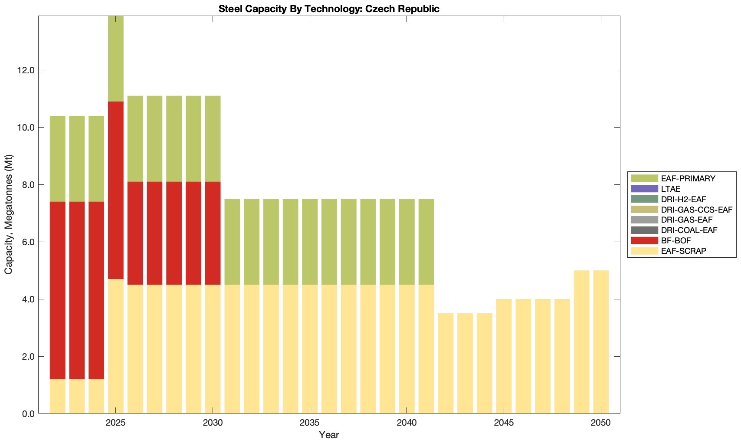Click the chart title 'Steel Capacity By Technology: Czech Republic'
[x=329, y=9]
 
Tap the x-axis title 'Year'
[x=329, y=435]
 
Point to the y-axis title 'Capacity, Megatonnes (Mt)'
[x=9, y=214]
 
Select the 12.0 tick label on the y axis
[x=26, y=70]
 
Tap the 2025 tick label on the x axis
[x=115, y=423]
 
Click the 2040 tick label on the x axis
[x=407, y=423]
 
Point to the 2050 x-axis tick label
[x=601, y=423]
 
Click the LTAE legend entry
[x=671, y=189]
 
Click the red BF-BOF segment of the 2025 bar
[x=115, y=190]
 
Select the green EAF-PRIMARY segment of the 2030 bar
[x=213, y=139]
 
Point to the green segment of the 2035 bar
[x=310, y=242]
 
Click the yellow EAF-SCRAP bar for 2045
[x=504, y=356]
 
